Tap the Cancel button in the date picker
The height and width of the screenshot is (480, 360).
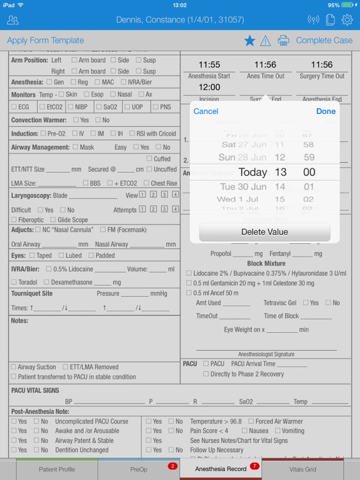pos(205,111)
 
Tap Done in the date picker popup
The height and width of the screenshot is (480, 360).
pos(325,111)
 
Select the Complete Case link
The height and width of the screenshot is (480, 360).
pos(324,40)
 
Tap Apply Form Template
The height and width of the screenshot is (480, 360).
pos(45,40)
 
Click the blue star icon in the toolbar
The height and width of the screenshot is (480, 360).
pos(249,41)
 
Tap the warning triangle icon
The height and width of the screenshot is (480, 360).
pos(265,41)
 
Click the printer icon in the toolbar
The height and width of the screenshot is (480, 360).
pos(283,41)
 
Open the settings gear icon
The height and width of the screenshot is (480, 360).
pos(347,20)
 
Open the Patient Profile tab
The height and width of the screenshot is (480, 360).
pos(57,469)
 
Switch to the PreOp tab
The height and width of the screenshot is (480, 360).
pos(139,469)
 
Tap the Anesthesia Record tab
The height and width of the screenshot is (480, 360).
pos(221,469)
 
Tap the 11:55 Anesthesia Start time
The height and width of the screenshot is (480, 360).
pos(209,65)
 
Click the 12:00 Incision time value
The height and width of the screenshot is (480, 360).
pos(209,87)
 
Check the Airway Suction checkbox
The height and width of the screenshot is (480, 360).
pos(13,367)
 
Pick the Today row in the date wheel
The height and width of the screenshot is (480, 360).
pos(253,172)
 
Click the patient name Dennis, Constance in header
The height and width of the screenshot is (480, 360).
pos(180,20)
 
